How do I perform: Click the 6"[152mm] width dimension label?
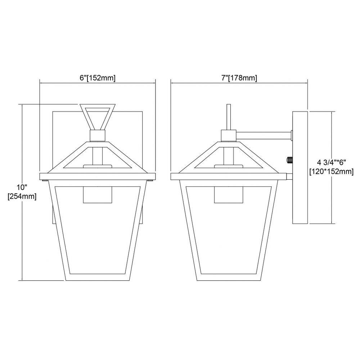[98, 78]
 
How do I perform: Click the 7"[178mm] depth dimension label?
[239, 78]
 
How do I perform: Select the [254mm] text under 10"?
[22, 197]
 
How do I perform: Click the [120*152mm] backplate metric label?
[331, 171]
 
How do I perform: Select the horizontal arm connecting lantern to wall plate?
[264, 135]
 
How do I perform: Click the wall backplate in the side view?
[300, 167]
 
